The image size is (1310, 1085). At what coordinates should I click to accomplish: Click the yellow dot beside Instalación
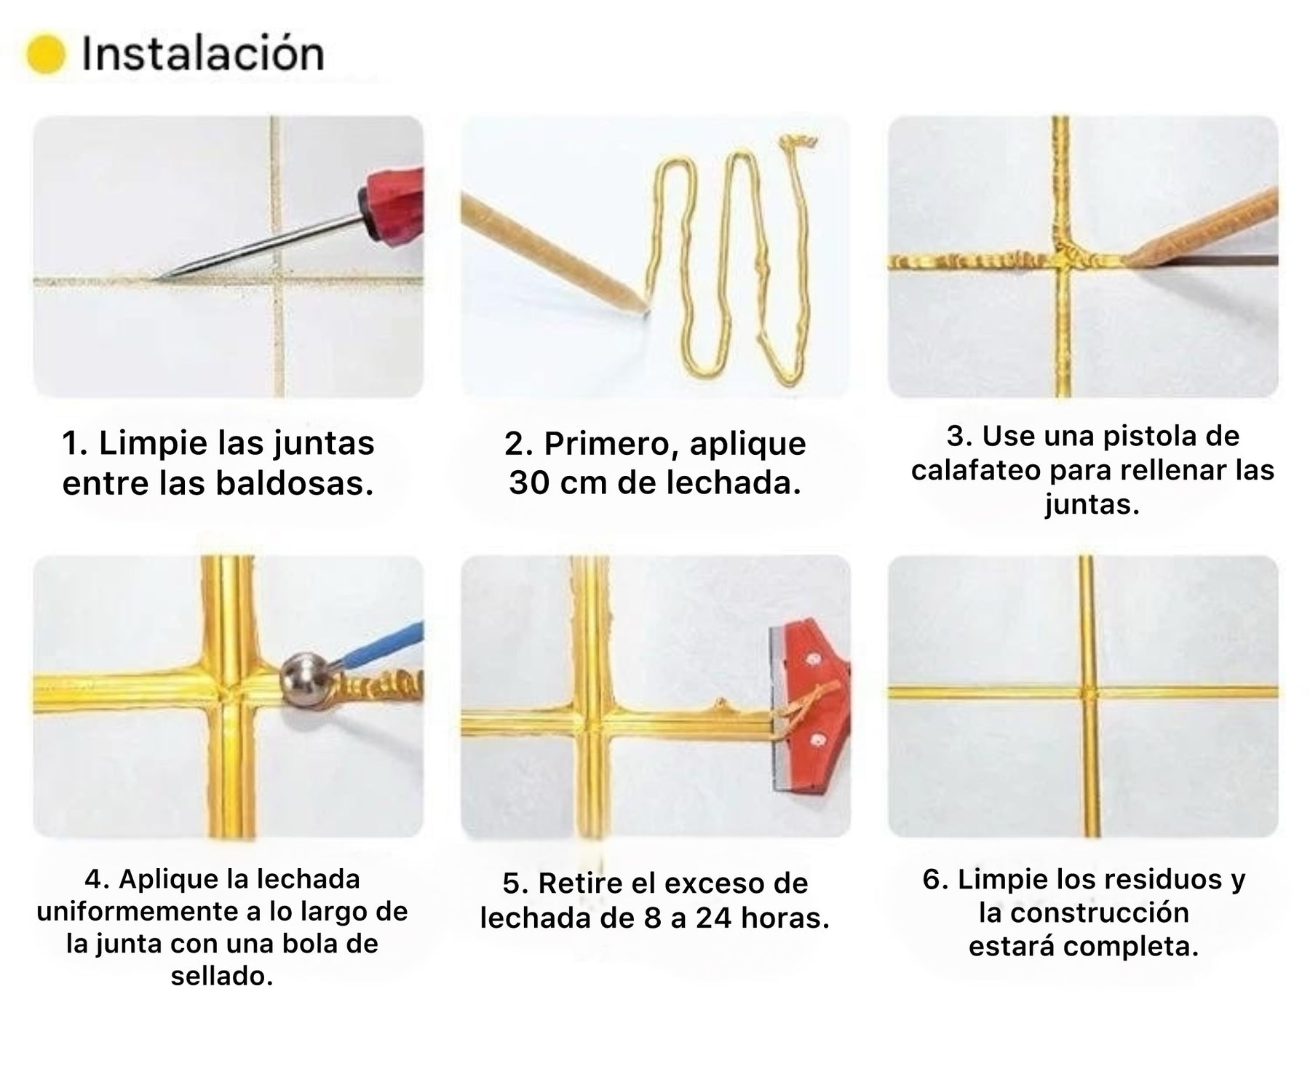click(x=46, y=54)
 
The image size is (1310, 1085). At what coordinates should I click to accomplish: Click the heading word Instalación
click(x=203, y=53)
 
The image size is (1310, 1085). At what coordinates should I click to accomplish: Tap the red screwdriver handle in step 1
click(x=392, y=207)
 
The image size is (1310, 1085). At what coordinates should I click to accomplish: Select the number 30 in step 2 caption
click(x=529, y=483)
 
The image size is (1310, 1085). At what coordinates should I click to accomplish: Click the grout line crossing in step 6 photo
click(x=1087, y=692)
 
